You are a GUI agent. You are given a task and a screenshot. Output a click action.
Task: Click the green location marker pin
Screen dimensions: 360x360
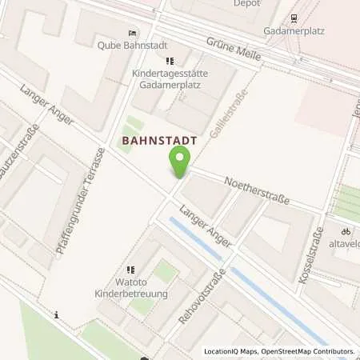(180, 164)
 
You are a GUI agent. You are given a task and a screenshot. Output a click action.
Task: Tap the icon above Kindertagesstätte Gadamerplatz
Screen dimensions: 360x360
(169, 61)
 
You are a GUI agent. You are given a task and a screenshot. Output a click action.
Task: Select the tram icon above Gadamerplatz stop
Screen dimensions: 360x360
(294, 17)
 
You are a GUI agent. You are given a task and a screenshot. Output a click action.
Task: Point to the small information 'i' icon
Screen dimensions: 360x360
(57, 315)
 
